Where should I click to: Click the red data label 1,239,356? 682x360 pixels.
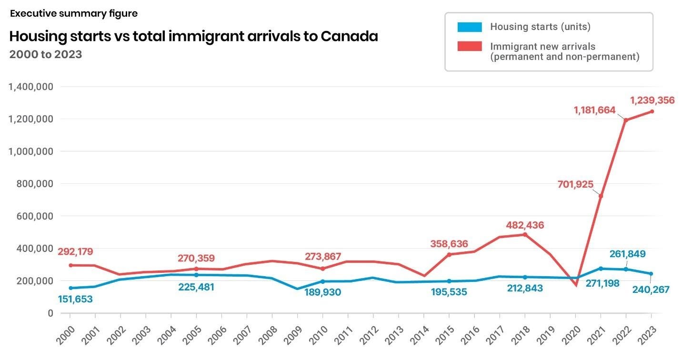click(x=652, y=100)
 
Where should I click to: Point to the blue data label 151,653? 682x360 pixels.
click(x=75, y=300)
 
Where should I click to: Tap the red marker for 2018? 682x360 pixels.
click(x=525, y=234)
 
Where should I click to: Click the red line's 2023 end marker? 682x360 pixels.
click(x=652, y=111)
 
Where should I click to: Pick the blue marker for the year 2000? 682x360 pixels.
click(x=70, y=288)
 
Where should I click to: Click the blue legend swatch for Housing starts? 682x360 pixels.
click(x=470, y=27)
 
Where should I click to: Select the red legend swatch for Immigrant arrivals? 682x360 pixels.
click(x=470, y=47)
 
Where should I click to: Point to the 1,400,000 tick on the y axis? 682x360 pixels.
click(x=31, y=87)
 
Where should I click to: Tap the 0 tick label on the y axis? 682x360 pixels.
click(x=50, y=313)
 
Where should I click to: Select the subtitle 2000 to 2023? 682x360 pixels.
click(x=46, y=54)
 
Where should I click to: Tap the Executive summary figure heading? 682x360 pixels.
click(x=74, y=13)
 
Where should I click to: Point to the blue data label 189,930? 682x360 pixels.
click(x=323, y=292)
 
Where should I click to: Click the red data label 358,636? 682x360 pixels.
click(x=449, y=243)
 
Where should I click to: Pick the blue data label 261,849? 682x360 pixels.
click(x=627, y=254)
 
